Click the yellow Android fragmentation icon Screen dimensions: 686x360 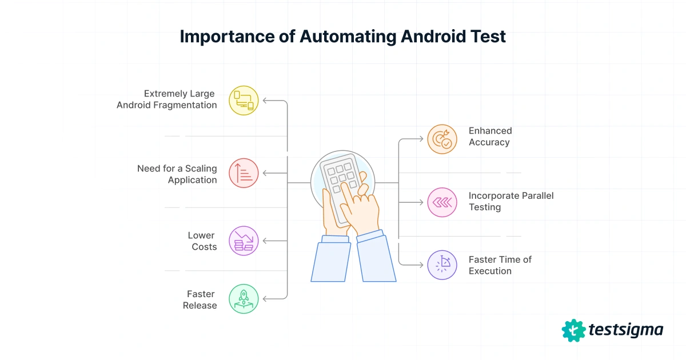click(244, 101)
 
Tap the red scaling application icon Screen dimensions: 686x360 click(244, 173)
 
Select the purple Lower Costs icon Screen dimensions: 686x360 click(244, 241)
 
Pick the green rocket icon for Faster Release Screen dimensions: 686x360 click(244, 299)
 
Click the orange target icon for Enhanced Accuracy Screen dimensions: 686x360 click(442, 139)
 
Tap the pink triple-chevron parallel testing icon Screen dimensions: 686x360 click(442, 202)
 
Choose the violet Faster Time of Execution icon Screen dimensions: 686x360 click(442, 265)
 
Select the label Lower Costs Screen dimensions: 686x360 click(202, 241)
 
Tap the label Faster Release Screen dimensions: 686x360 click(200, 299)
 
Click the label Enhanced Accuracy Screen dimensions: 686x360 click(490, 137)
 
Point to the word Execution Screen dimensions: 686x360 click(490, 271)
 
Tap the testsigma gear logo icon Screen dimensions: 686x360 click(573, 330)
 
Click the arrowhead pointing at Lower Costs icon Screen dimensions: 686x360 click(266, 241)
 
